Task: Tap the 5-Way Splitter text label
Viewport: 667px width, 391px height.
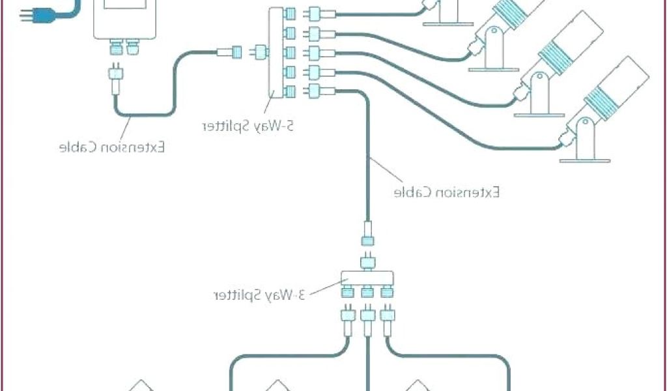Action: click(248, 126)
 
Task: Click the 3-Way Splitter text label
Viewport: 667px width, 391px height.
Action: click(259, 294)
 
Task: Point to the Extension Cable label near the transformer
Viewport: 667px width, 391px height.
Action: click(111, 147)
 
